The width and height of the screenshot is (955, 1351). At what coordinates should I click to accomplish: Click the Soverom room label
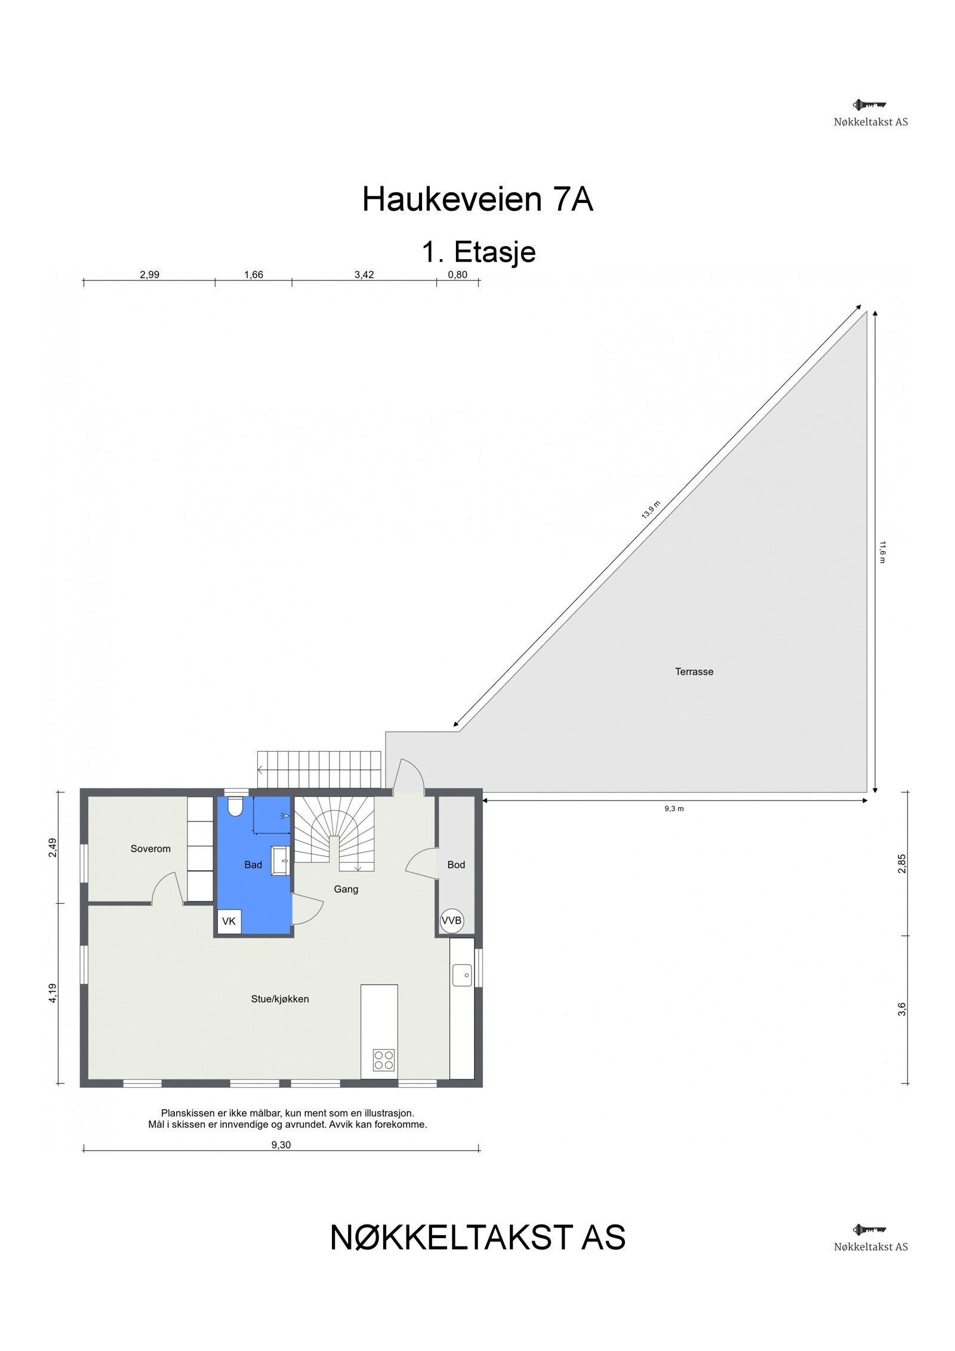(x=150, y=848)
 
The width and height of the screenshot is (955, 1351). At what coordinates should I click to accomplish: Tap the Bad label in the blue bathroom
(x=253, y=864)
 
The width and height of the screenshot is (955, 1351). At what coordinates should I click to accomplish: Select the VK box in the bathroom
(x=229, y=921)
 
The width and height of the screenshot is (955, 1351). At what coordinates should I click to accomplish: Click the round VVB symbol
(x=452, y=921)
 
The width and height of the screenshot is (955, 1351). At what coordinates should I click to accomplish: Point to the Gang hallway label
(x=346, y=889)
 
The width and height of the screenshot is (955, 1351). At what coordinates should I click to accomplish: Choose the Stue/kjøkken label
(x=280, y=999)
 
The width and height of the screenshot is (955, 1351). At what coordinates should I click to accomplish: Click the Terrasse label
(x=694, y=672)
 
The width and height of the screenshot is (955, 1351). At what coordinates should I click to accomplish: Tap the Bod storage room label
(x=456, y=864)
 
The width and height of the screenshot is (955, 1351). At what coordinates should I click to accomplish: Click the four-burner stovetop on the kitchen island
(x=384, y=1060)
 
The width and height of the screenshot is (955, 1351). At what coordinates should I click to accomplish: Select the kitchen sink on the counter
(x=462, y=975)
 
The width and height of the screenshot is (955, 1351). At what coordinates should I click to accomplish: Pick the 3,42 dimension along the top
(x=364, y=275)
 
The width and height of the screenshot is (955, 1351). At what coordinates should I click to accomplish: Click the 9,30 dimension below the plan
(x=281, y=1145)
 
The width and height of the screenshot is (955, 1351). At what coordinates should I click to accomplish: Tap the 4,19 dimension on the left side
(x=53, y=993)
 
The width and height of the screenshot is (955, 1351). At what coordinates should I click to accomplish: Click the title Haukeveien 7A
(x=478, y=199)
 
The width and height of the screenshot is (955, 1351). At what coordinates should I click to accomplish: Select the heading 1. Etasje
(x=479, y=252)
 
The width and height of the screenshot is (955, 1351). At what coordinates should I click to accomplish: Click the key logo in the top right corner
(x=870, y=105)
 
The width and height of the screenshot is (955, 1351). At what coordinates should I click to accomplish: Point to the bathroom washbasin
(x=281, y=861)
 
